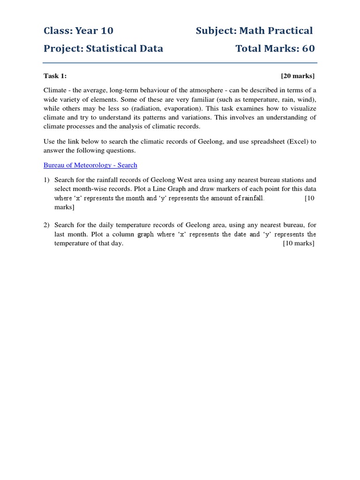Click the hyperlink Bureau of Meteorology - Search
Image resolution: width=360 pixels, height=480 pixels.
click(90, 165)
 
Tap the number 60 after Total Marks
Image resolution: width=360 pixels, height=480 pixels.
click(308, 48)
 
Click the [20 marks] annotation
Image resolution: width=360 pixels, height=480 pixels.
click(298, 75)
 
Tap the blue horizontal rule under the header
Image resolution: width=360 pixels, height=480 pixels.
click(180, 63)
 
